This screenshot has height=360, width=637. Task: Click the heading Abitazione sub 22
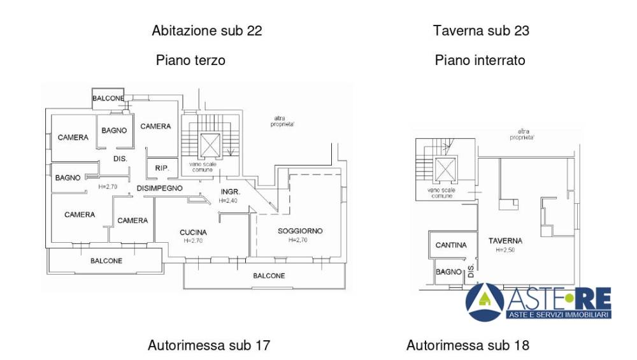207,31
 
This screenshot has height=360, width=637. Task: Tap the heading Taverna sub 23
481,31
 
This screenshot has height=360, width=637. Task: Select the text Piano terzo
190,60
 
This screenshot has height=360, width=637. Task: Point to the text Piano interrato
480,60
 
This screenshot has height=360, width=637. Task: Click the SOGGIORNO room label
300,231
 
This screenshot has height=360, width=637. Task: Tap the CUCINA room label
194,233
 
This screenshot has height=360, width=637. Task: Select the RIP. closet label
162,168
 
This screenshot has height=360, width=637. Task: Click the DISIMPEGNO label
160,188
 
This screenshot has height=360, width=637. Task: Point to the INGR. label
231,192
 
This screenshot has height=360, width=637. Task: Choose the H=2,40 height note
228,201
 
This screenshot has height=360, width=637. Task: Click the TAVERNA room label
505,241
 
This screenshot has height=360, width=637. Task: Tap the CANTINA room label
451,245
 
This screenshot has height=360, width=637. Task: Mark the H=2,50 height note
505,250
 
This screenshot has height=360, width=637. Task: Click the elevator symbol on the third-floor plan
210,145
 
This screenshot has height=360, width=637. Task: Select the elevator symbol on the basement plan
445,169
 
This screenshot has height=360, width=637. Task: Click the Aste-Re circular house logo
485,302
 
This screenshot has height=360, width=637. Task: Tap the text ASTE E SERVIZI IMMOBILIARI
559,315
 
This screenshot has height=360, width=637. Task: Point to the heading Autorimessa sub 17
209,345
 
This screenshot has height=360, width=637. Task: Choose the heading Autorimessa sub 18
468,345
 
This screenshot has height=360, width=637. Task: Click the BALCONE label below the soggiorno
269,276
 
